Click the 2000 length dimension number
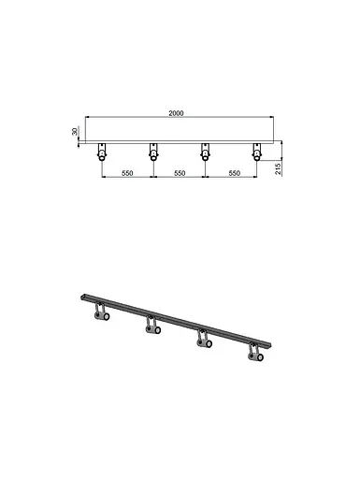tap(177, 112)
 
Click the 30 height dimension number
tap(74, 132)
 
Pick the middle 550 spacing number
tap(177, 174)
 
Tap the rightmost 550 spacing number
tap(229, 174)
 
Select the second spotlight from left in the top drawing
tap(151, 154)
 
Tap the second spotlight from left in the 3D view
tap(151, 328)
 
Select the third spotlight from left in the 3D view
tap(201, 341)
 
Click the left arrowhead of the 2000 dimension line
tap(87, 118)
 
